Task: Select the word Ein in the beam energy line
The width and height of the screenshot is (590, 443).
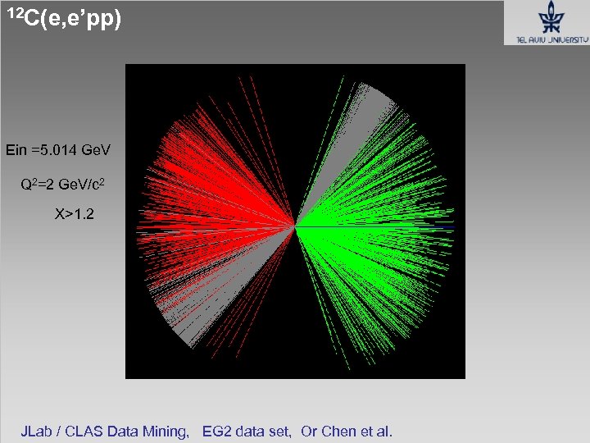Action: pos(16,150)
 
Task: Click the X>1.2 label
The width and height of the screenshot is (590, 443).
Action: pos(74,215)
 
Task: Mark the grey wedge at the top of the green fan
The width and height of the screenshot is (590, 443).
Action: pos(374,102)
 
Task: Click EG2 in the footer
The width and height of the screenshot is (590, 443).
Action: pos(217,431)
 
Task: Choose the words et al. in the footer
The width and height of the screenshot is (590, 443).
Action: pos(377,431)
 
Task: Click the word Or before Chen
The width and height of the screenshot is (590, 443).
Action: pos(310,431)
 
